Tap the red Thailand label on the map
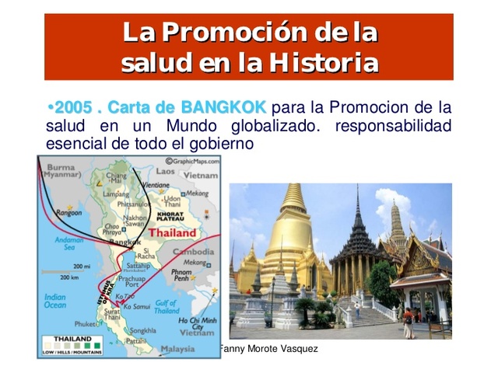(x=172, y=232)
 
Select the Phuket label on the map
(x=86, y=323)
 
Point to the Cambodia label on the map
(x=194, y=253)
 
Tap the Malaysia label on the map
(x=177, y=349)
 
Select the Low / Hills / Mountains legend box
(x=72, y=345)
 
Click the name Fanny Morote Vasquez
(x=269, y=350)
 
